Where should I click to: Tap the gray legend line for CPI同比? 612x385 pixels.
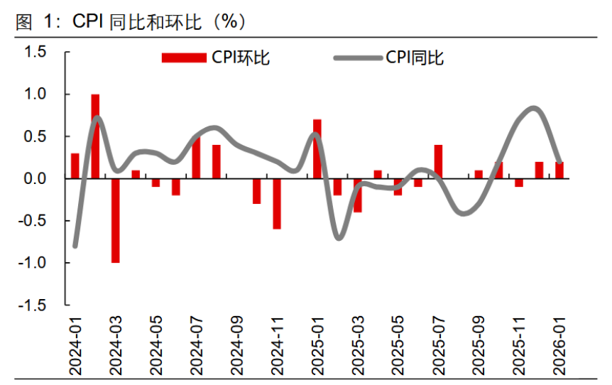[x=356, y=58]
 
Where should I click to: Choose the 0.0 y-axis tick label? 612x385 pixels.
[x=35, y=178]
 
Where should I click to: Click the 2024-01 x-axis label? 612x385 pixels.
[x=75, y=346]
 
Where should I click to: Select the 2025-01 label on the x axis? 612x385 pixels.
[x=317, y=346]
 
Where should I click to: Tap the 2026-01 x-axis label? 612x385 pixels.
[x=559, y=346]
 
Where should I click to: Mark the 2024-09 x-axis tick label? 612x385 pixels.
[x=236, y=346]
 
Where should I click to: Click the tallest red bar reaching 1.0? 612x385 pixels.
[x=95, y=136]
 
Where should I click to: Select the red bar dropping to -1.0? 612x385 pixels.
[x=115, y=220]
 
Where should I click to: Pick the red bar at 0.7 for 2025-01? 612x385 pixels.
[x=317, y=148]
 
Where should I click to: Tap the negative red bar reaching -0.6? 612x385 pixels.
[x=277, y=203]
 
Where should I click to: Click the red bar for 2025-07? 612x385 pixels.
[x=438, y=161]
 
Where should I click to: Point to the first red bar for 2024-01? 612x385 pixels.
[x=75, y=166]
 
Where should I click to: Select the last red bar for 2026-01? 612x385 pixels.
[x=559, y=170]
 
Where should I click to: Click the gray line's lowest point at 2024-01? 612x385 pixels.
[x=75, y=246]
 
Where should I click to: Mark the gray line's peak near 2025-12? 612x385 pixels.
[x=535, y=108]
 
